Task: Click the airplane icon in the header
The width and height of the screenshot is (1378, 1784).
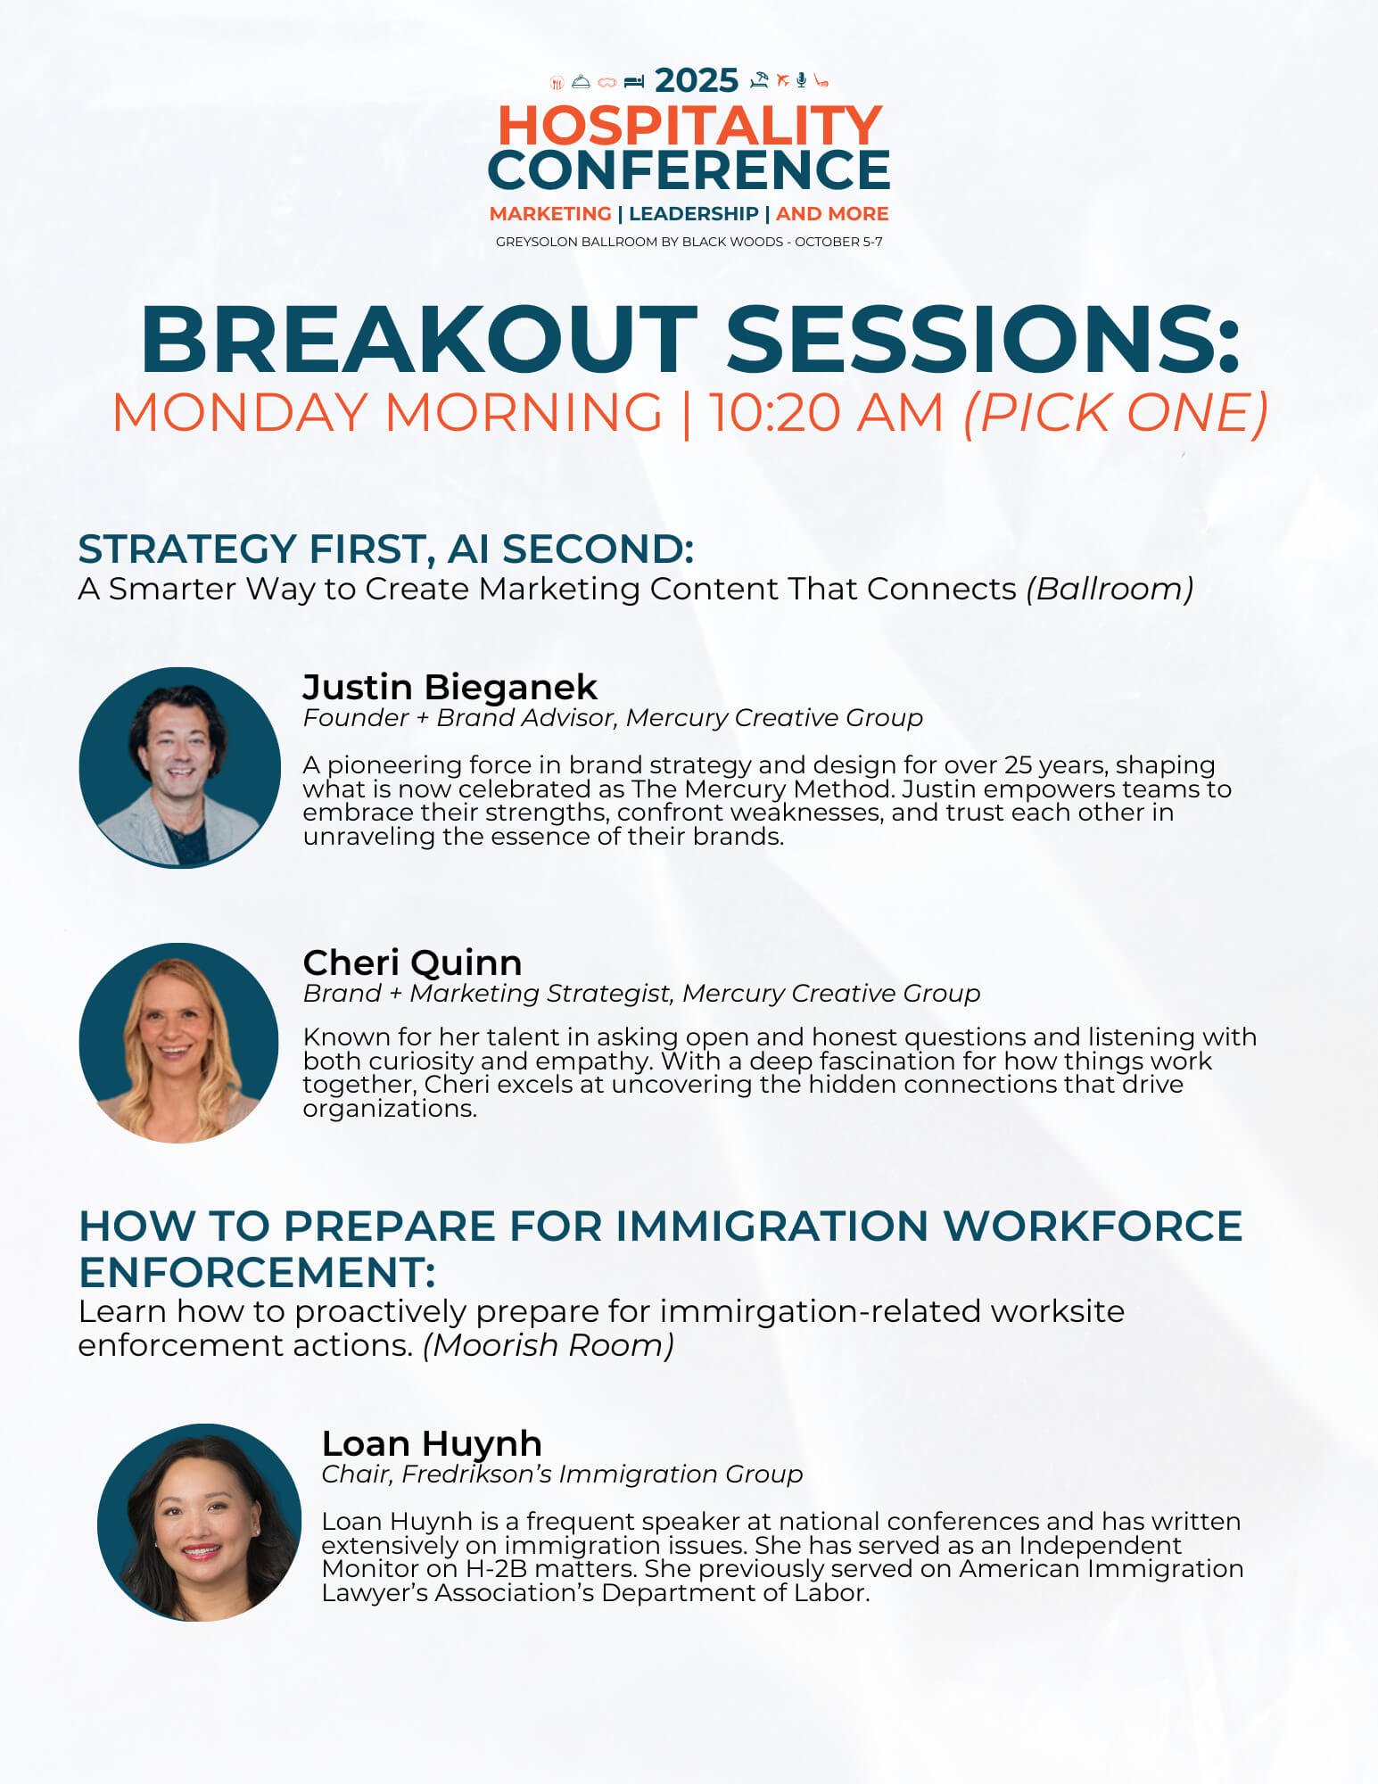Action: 782,80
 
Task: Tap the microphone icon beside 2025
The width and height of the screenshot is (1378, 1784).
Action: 802,80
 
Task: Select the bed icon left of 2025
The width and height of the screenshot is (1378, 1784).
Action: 634,82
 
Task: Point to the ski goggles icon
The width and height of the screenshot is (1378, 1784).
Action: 607,83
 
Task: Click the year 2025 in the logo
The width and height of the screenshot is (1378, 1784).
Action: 697,80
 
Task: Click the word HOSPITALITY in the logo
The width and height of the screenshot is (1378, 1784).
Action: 689,125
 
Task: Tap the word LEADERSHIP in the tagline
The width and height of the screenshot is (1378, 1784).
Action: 693,214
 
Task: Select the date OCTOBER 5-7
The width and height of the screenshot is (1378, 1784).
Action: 838,242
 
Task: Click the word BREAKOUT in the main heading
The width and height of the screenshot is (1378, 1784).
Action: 419,340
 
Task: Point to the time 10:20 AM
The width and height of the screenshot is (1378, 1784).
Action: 826,413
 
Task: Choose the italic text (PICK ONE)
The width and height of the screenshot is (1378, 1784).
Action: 1115,413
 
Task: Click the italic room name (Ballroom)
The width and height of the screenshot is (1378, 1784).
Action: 1110,589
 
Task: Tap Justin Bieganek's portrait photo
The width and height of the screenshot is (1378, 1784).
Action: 179,767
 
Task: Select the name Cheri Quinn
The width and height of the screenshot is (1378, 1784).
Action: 412,962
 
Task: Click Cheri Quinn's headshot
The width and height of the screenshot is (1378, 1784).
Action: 178,1043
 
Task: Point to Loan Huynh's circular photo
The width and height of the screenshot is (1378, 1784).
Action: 199,1523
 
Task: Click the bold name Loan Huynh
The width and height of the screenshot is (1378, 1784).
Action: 432,1443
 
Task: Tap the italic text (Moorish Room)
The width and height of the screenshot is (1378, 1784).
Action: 549,1345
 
